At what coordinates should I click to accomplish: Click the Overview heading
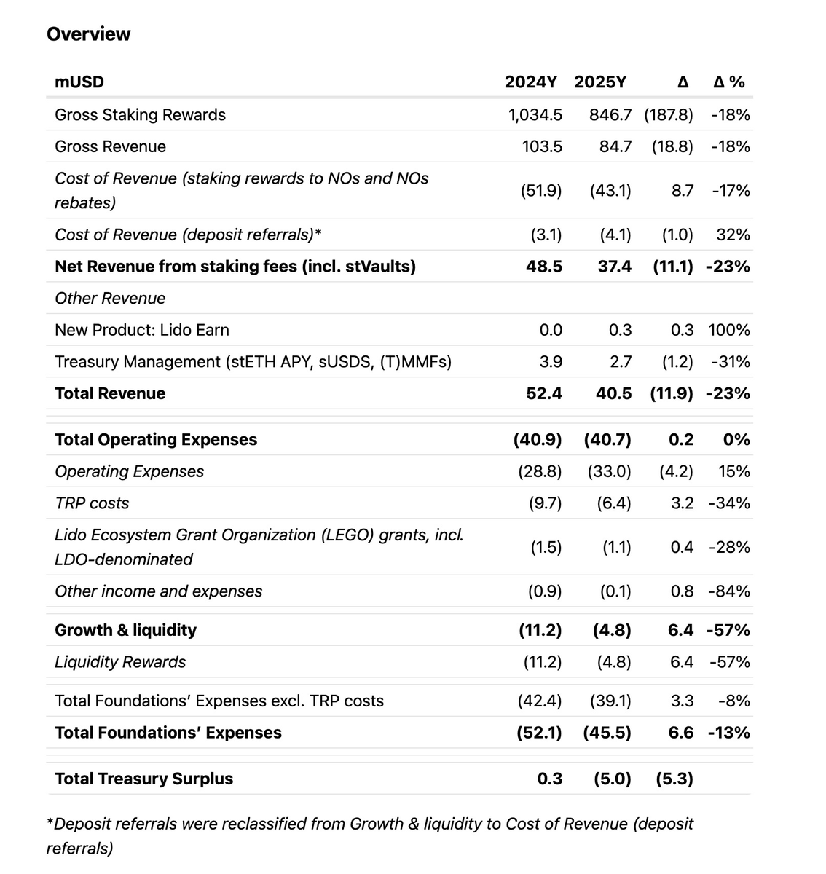click(x=88, y=34)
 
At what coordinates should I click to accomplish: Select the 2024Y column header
click(x=530, y=82)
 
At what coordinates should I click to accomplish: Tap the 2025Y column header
click(x=599, y=82)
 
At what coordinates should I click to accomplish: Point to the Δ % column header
click(x=728, y=82)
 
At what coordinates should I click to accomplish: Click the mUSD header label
click(x=79, y=82)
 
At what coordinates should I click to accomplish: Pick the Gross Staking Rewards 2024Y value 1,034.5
click(x=535, y=115)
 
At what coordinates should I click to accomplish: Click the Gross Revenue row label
click(x=110, y=147)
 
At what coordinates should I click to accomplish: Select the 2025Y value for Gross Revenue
click(x=615, y=147)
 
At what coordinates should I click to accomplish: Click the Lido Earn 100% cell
click(x=728, y=331)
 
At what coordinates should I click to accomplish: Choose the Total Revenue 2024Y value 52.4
click(x=543, y=394)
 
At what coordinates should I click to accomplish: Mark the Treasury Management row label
click(x=253, y=362)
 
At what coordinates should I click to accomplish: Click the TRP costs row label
click(x=92, y=503)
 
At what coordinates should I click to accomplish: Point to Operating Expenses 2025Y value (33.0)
click(x=609, y=472)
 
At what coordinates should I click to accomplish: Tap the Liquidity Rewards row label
click(x=120, y=662)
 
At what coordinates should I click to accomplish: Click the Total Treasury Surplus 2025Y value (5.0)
click(x=611, y=779)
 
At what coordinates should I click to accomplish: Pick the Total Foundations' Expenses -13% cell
click(x=728, y=733)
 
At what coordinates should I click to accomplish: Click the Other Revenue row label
click(x=110, y=299)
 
